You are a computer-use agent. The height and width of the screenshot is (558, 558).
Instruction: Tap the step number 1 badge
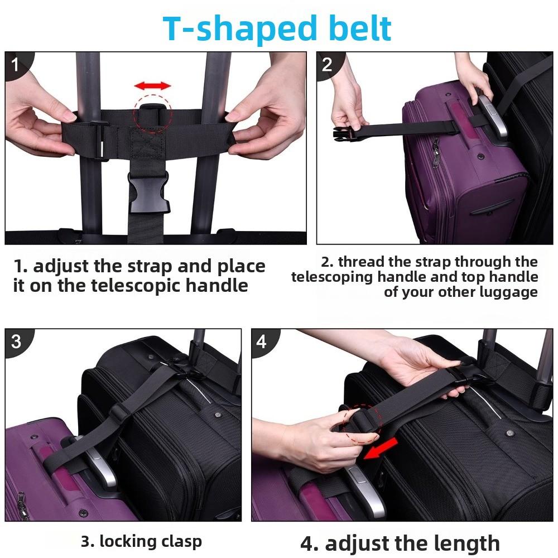[15, 65]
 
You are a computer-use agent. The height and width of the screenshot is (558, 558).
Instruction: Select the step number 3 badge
[16, 341]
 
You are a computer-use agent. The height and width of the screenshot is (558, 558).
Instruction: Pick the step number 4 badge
[262, 341]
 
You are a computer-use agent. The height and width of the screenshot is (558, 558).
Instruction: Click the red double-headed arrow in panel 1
[152, 86]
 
